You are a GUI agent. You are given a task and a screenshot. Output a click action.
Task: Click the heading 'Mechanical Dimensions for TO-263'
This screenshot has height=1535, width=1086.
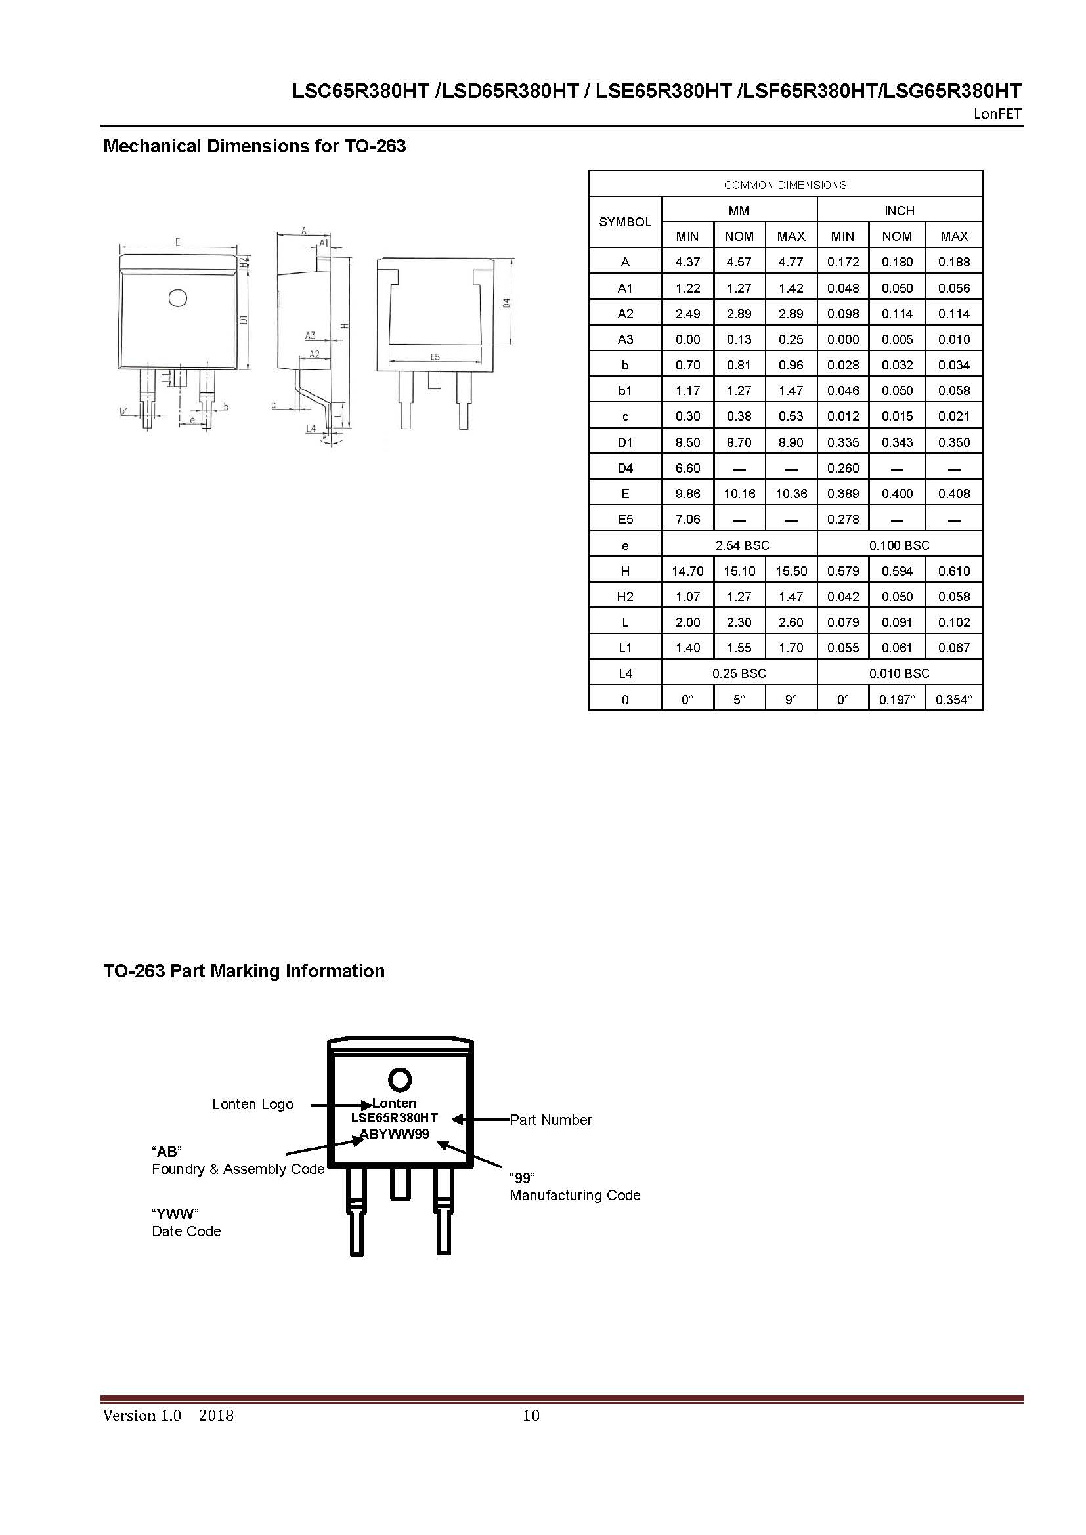[254, 146]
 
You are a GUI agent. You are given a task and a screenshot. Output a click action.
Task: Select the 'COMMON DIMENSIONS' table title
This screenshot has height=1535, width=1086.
[785, 185]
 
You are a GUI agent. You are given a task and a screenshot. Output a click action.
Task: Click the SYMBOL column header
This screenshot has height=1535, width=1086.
[624, 222]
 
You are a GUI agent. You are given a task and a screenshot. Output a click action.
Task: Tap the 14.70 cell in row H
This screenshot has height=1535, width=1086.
[687, 571]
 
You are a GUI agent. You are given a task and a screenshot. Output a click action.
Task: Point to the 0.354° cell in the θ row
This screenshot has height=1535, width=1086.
[953, 700]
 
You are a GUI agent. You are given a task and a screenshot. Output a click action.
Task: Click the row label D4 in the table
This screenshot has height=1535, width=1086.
[624, 468]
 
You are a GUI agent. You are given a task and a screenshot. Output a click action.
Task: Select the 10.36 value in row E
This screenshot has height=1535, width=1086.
[791, 494]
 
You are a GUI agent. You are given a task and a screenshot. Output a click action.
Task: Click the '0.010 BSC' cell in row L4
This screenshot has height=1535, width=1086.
[900, 673]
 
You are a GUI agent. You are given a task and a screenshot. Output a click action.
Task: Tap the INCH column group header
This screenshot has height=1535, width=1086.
[900, 211]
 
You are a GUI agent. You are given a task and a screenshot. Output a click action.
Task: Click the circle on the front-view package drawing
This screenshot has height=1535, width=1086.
[177, 297]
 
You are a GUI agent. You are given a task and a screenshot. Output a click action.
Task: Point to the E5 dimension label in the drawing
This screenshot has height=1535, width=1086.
[435, 357]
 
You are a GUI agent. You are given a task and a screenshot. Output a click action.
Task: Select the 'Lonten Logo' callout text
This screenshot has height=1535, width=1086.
[253, 1104]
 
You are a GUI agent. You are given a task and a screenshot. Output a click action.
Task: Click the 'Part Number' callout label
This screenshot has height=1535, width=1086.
[551, 1119]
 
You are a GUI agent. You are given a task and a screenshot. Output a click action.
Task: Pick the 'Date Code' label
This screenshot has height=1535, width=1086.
[186, 1230]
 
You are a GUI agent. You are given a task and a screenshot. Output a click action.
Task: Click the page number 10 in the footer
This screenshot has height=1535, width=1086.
[531, 1415]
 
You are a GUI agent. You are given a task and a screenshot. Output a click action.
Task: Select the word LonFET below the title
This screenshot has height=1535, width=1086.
[997, 114]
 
